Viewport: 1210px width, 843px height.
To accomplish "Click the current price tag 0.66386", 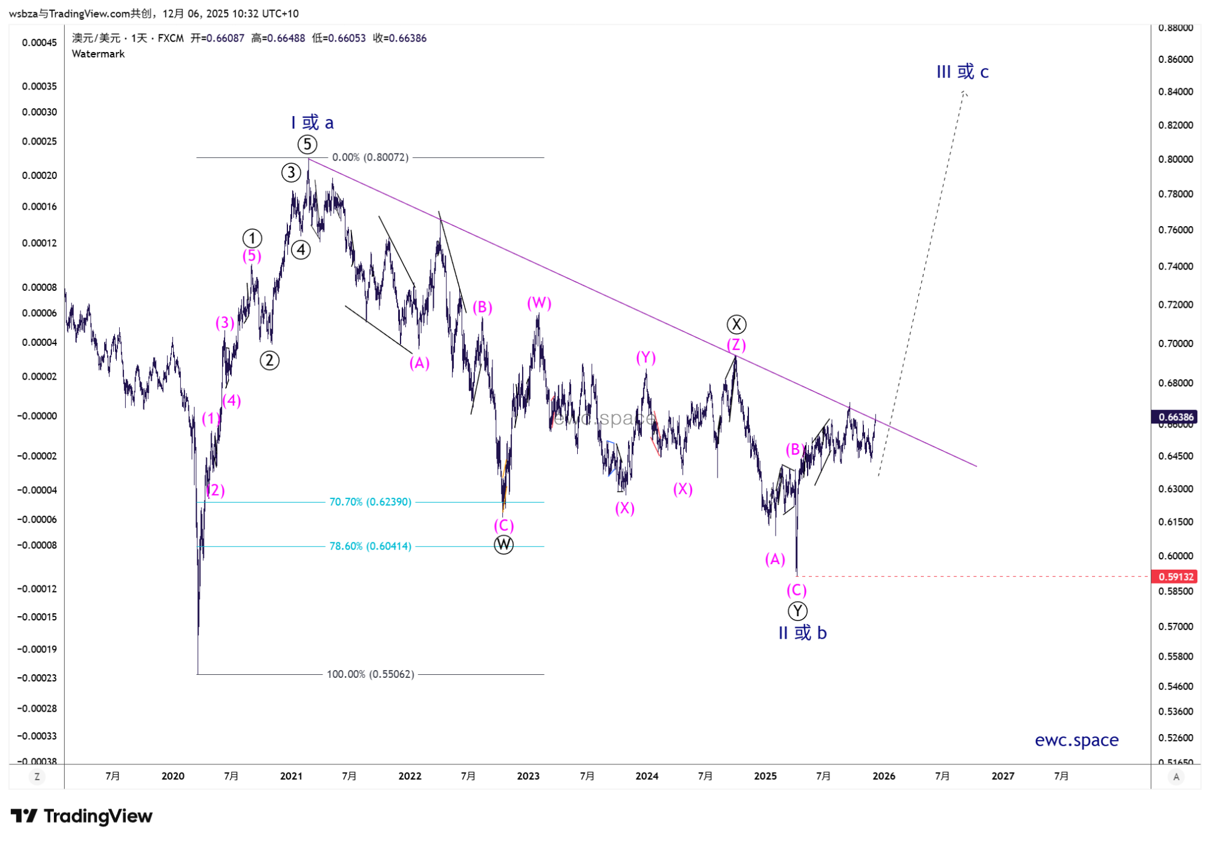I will [x=1176, y=417].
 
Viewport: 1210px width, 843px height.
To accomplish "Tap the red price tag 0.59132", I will [x=1176, y=576].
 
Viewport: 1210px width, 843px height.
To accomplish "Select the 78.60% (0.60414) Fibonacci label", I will [x=370, y=546].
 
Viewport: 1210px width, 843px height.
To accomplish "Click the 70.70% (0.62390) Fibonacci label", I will [x=370, y=502].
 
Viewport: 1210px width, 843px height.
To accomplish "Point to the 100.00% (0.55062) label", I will [x=370, y=674].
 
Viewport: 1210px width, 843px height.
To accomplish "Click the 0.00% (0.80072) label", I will [x=370, y=157].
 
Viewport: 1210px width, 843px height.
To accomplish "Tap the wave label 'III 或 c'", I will [x=962, y=72].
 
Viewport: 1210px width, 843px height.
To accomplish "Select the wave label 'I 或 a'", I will [x=312, y=123].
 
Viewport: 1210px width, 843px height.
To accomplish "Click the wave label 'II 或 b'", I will [x=802, y=633].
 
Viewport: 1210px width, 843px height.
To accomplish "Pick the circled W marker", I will [x=503, y=545].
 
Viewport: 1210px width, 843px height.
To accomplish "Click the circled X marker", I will [x=736, y=325].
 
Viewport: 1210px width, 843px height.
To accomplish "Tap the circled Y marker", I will [x=797, y=611].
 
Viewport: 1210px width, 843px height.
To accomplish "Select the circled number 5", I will [x=307, y=145].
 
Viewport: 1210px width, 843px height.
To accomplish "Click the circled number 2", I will [x=269, y=360].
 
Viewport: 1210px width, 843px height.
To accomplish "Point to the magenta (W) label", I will [x=539, y=303].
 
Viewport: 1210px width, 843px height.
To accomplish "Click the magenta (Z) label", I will [x=736, y=345].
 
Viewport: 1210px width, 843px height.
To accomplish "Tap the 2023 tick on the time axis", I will [x=528, y=776].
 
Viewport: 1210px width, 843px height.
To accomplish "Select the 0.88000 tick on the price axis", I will [x=1176, y=28].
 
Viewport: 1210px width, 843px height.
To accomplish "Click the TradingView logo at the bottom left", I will [x=82, y=816].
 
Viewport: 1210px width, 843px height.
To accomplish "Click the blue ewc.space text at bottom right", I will [x=1076, y=740].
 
